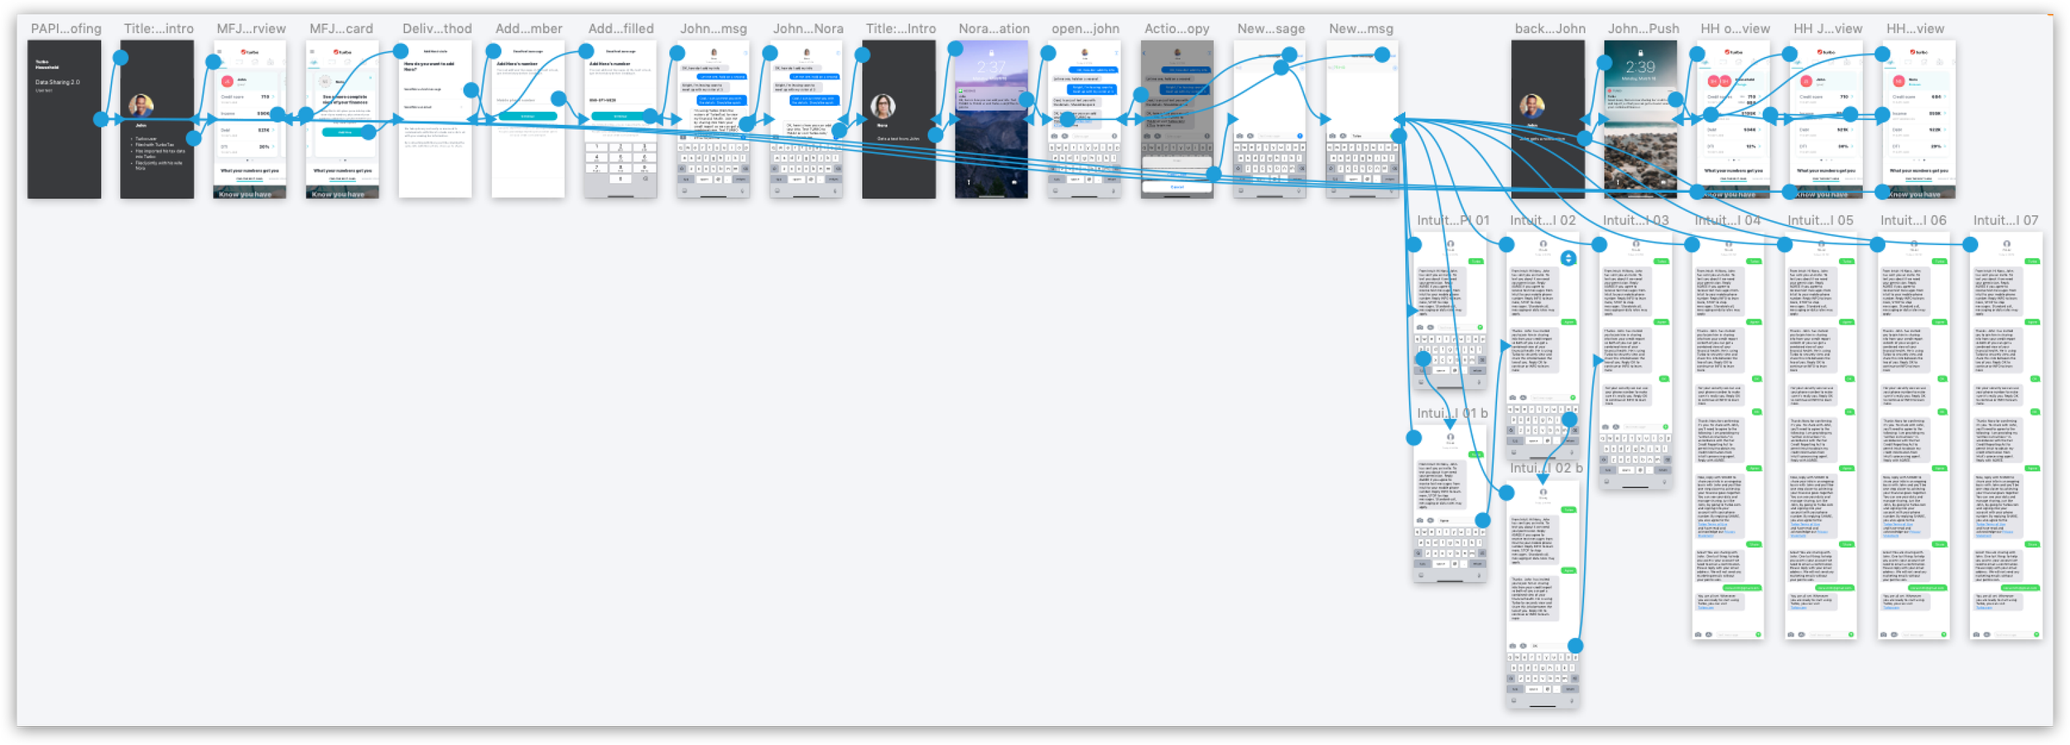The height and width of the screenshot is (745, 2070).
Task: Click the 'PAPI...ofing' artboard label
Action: [x=66, y=29]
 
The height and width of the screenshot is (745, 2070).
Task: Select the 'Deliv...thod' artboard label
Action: [x=437, y=29]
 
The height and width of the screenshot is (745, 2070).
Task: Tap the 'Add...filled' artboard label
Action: [x=621, y=29]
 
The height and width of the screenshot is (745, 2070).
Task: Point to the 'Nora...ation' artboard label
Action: [x=994, y=29]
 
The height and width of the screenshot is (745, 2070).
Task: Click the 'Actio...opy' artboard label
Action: [x=1177, y=29]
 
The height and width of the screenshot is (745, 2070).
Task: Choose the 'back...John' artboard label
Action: [x=1550, y=29]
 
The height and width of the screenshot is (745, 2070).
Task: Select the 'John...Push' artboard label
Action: [x=1644, y=29]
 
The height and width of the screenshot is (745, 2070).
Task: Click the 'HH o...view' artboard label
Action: [x=1735, y=29]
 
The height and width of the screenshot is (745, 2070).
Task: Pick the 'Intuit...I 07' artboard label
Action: [x=2005, y=220]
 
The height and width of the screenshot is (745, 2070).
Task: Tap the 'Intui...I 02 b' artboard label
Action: [x=1546, y=468]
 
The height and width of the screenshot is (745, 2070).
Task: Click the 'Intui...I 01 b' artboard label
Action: [x=1452, y=413]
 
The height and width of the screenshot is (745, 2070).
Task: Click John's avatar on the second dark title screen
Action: [x=141, y=106]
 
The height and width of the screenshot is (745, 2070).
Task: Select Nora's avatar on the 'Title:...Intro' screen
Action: [x=883, y=106]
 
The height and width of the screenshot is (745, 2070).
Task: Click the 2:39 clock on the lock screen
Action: [x=1640, y=67]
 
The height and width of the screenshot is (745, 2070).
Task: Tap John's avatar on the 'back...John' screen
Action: [x=1532, y=106]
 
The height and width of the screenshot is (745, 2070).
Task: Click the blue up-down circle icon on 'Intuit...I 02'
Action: [x=1568, y=258]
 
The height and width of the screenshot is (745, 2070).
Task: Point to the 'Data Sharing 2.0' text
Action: [x=52, y=82]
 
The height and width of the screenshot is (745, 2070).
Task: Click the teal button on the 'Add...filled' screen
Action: [x=620, y=117]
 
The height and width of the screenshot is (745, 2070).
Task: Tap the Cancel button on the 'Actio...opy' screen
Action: [x=1177, y=187]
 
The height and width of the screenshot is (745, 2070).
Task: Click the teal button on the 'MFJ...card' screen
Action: [x=342, y=132]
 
